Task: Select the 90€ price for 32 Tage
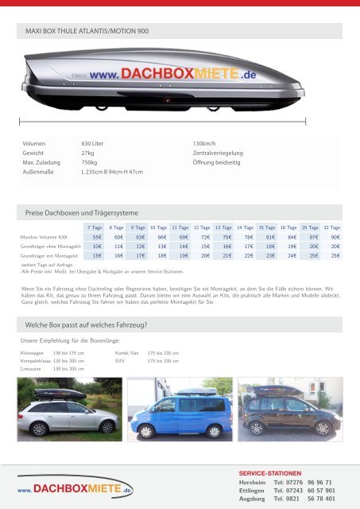[x=335, y=237]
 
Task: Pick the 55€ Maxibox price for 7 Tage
[x=97, y=237]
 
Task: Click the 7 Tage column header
[x=96, y=227]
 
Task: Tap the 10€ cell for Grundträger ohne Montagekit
[x=97, y=247]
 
